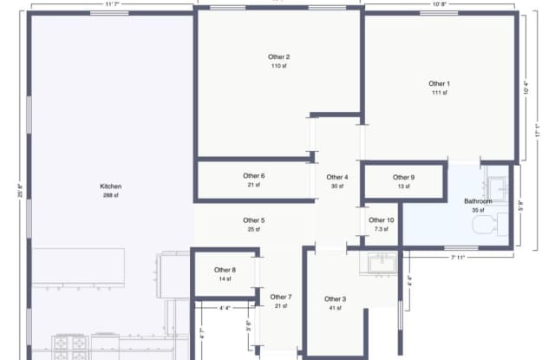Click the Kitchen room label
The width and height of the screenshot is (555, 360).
click(110, 187)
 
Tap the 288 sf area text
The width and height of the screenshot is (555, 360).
click(110, 196)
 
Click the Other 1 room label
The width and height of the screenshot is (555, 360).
click(439, 83)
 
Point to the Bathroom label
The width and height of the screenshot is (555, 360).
click(478, 201)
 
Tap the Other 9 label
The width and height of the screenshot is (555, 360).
click(403, 177)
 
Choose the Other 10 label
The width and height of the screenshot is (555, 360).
click(382, 220)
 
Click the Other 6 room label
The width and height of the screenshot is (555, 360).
click(253, 175)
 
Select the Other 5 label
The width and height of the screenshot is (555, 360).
click(253, 220)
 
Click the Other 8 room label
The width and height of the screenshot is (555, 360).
click(225, 270)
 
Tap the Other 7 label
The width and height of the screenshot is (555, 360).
click(280, 297)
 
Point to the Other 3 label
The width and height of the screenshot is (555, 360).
click(336, 299)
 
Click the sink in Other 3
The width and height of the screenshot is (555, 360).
click(382, 262)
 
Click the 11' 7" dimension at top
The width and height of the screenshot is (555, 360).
click(111, 4)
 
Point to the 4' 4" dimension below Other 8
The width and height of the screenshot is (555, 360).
click(225, 307)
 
